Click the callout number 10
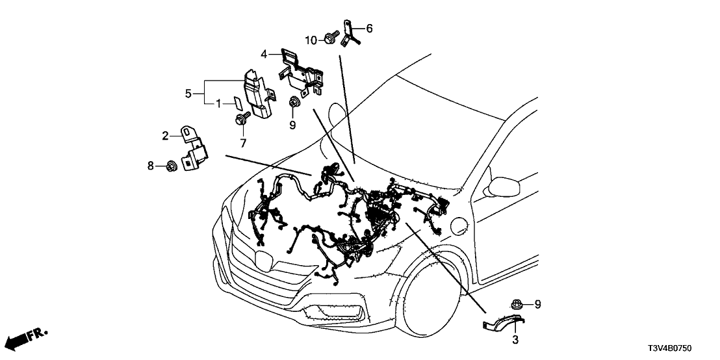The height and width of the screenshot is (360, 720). pyautogui.click(x=311, y=40)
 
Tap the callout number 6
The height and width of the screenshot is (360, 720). pyautogui.click(x=369, y=28)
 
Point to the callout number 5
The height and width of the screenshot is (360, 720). pyautogui.click(x=188, y=94)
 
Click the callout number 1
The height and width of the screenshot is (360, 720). pyautogui.click(x=219, y=103)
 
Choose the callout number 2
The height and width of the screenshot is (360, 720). pyautogui.click(x=166, y=135)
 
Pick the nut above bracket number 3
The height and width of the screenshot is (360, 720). pyautogui.click(x=517, y=303)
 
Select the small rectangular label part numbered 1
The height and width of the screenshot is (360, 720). pyautogui.click(x=238, y=102)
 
